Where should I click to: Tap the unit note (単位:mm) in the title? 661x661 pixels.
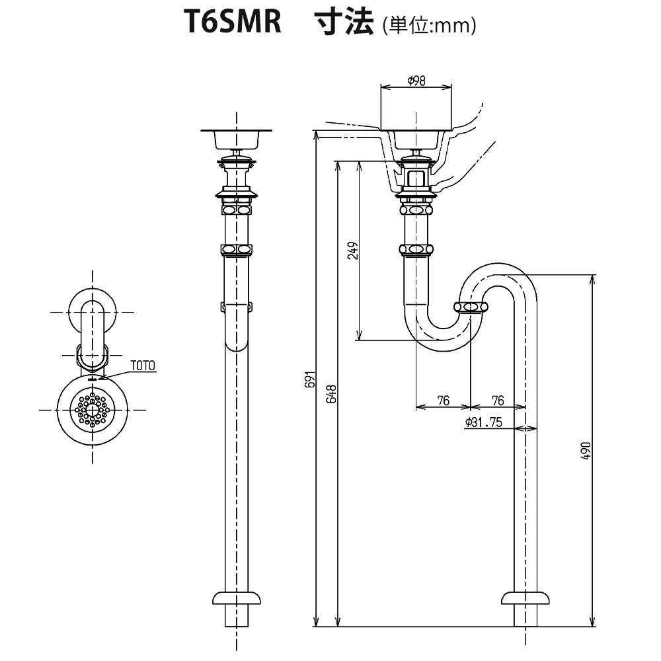(x=429, y=26)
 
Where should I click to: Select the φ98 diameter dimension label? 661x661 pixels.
(x=416, y=81)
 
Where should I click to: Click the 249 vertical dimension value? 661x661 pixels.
(x=353, y=251)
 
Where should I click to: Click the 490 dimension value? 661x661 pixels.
(x=586, y=449)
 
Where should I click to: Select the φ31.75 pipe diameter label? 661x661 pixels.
(x=484, y=422)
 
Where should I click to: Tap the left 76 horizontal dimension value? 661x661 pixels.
(x=443, y=401)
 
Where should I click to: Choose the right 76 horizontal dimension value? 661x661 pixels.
(x=498, y=401)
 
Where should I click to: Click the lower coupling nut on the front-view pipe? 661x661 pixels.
(x=236, y=249)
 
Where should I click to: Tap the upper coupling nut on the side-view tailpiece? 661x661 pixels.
(x=416, y=210)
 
